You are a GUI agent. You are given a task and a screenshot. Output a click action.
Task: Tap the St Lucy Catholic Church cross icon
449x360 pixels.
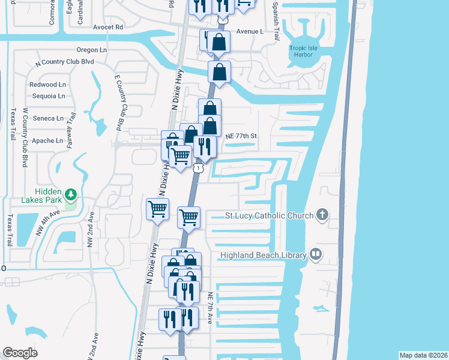tap(322, 215)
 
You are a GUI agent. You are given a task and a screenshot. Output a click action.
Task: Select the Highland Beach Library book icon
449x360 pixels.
tap(315, 255)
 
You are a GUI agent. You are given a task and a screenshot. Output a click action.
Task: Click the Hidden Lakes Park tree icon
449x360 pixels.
tap(71, 194)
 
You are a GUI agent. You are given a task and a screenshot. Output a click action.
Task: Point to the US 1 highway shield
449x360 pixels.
tap(197, 169)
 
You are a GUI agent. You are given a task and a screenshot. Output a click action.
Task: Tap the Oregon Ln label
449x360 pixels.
tap(91, 50)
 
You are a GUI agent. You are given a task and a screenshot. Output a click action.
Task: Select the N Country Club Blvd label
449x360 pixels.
tap(65, 62)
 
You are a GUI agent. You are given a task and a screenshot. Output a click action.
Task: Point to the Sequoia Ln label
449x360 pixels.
tap(48, 96)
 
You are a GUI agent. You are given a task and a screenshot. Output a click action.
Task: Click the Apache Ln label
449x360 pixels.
tap(47, 141)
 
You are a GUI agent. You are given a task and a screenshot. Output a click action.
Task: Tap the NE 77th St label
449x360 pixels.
tap(241, 136)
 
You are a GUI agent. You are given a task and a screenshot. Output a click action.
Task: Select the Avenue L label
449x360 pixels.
tap(250, 31)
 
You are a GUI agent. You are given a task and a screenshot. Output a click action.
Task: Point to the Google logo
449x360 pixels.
tap(20, 353)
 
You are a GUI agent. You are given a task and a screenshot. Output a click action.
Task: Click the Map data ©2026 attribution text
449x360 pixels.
tap(423, 355)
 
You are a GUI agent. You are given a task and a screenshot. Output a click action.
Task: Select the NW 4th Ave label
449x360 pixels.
tap(47, 223)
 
